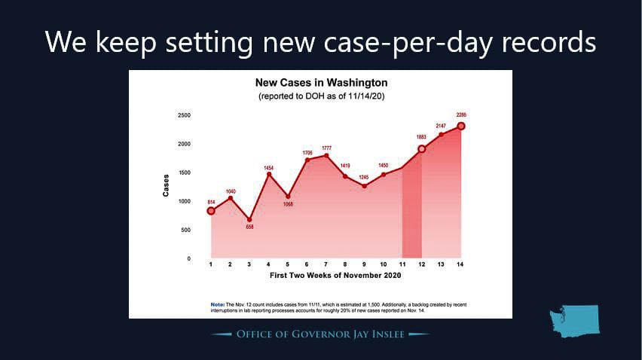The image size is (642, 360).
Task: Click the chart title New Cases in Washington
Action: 320,82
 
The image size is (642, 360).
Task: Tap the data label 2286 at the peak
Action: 461,114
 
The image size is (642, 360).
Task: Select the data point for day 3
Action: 249,220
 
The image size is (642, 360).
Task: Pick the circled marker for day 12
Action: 422,149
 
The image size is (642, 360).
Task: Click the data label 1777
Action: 326,148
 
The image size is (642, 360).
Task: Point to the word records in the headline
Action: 543,42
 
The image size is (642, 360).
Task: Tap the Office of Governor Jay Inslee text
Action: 321,334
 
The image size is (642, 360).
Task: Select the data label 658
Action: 249,227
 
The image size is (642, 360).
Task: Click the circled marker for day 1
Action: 211,211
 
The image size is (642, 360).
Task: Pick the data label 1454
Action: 268,167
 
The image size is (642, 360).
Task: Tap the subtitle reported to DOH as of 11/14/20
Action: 320,97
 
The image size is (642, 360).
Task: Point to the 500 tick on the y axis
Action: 185,230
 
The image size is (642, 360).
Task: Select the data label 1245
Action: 365,177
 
